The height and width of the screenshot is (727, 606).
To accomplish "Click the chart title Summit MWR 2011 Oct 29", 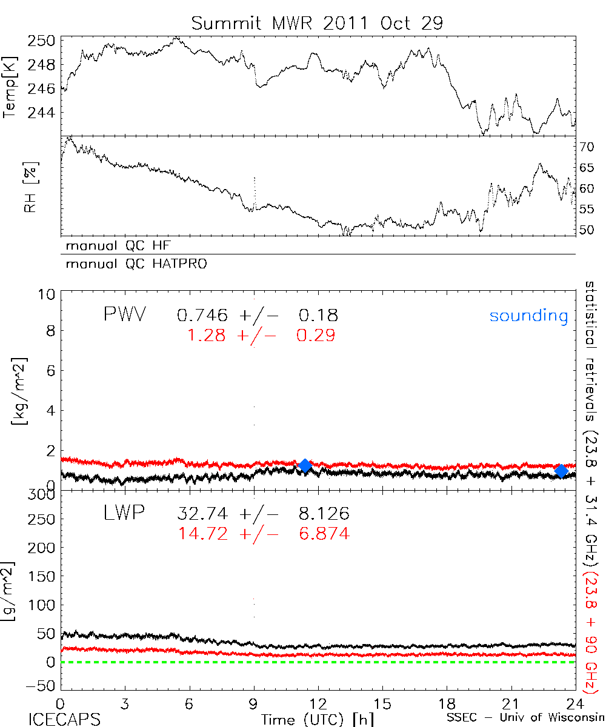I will [317, 23].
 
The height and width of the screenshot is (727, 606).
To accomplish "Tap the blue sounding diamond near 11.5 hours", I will [305, 465].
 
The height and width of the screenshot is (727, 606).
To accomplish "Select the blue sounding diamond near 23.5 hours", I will [562, 471].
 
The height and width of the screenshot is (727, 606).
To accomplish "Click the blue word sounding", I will [529, 316].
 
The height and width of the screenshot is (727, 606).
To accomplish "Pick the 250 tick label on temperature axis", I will [42, 41].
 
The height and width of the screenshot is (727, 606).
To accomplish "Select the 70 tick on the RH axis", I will [587, 147].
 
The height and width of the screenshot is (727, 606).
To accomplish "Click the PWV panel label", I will [124, 315].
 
